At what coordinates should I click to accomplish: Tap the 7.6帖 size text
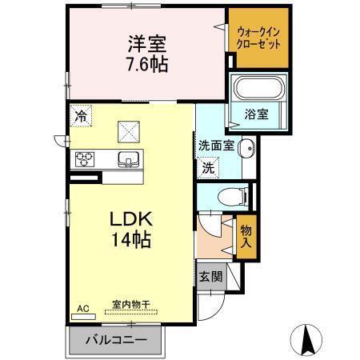145,64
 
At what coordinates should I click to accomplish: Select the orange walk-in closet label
258,38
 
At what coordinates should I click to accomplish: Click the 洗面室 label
216,146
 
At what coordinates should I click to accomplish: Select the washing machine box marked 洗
208,168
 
